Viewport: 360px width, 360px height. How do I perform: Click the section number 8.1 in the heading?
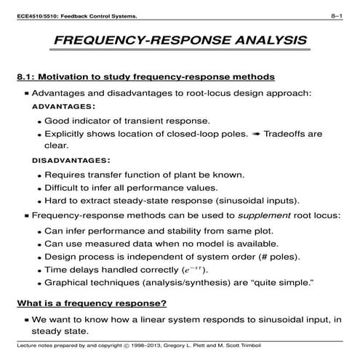click(25, 76)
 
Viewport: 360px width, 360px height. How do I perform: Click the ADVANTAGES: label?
click(63, 106)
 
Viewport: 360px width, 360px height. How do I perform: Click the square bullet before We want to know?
click(27, 320)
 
